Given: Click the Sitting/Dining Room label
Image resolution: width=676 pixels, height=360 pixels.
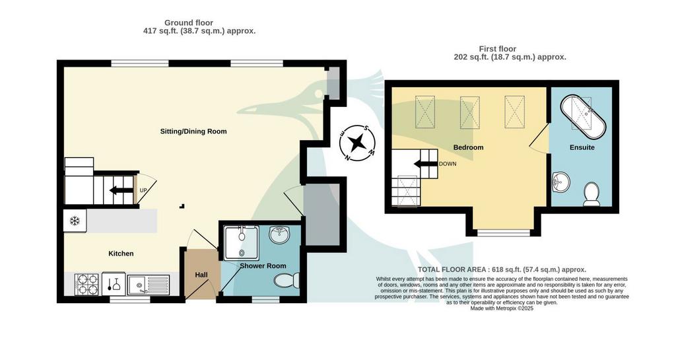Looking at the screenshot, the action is tap(193, 131).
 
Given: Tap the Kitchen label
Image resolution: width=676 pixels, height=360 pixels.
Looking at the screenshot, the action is tap(121, 254).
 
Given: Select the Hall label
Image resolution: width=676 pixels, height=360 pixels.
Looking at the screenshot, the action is tap(201, 275).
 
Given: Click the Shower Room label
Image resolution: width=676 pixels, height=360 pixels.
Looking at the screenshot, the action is tap(263, 266).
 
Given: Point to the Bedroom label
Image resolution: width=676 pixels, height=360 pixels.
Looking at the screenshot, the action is tap(468, 147).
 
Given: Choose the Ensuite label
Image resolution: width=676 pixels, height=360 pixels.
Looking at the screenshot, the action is tap(582, 147).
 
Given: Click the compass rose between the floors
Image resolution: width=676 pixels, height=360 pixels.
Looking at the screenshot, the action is tap(357, 142).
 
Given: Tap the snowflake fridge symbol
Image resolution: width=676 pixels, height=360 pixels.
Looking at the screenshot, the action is tap(75, 221).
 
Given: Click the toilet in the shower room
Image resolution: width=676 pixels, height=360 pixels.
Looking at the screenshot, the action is tap(287, 281).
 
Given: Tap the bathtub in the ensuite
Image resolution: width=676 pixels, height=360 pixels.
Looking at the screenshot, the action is tap(584, 114).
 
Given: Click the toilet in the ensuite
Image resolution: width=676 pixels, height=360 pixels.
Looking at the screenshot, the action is tap(591, 194).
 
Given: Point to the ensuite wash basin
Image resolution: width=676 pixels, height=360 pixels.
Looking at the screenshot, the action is tap(561, 182).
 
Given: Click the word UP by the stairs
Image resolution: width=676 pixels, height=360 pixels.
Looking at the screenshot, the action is tap(143, 190).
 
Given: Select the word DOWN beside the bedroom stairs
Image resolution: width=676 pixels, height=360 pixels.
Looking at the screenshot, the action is tap(448, 164).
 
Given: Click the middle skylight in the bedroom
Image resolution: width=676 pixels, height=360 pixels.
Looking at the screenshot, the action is tap(470, 112).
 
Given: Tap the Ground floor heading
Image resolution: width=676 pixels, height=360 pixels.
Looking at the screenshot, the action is tap(189, 23).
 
